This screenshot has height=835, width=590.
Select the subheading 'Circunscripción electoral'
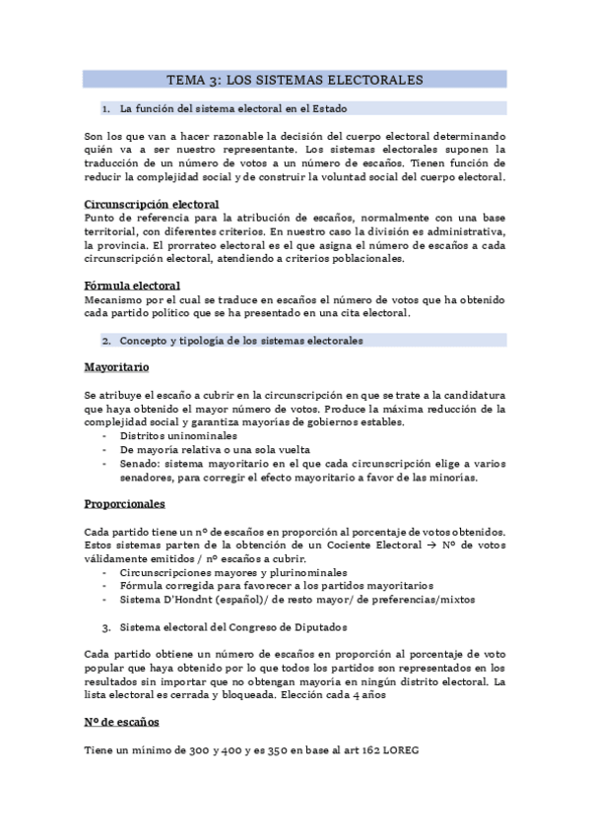[x=152, y=205]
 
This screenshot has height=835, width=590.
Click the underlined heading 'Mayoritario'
[x=116, y=366]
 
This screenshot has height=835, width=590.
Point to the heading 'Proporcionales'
[x=125, y=504]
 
